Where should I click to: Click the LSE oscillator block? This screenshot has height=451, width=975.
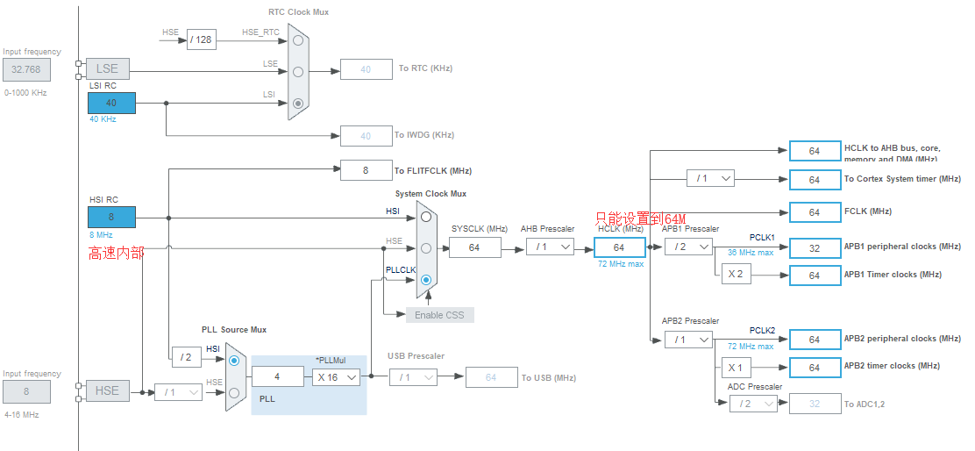point(107,69)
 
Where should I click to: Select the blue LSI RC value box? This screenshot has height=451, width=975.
point(111,103)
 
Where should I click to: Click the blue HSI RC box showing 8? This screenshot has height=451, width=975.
point(111,217)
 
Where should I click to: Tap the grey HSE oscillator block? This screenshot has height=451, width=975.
point(107,391)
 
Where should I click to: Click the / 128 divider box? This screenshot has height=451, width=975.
point(201,39)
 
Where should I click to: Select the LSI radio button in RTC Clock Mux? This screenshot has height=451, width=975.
point(299,104)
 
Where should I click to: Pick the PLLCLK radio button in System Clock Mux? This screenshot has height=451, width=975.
point(426,281)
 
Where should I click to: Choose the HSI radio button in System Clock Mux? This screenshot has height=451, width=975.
point(426,216)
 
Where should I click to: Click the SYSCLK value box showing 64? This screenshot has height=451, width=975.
point(475,248)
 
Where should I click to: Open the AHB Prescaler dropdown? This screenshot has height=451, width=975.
point(551,248)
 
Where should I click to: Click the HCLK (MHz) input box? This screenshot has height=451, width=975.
point(619,248)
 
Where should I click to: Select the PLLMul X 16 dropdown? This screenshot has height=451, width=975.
point(336,376)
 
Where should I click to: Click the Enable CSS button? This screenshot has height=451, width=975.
point(439,315)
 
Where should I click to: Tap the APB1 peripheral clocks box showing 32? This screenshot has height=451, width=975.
point(815,247)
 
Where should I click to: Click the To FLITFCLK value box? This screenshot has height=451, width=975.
point(366,170)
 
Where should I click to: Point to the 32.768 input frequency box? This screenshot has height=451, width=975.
point(26,69)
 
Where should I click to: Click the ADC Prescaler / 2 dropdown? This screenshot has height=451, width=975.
point(752,404)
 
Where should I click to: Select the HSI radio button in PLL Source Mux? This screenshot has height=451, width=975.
point(234,360)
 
